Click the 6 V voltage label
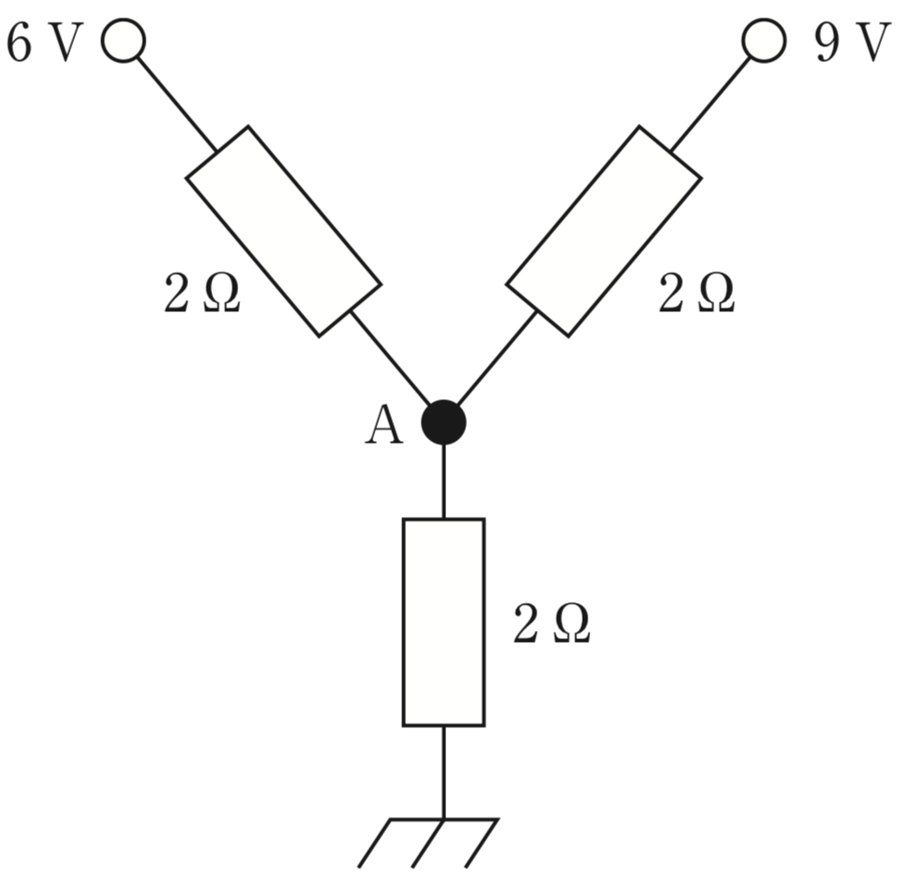pos(44,43)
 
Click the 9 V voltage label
pos(849,43)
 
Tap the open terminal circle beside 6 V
pos(123,40)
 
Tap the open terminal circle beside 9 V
pos(764,40)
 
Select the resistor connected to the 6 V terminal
pos(283,231)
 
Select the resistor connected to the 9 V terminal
pos(604,231)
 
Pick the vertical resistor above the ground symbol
pos(444,622)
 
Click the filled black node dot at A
pos(444,422)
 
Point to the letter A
pos(384,424)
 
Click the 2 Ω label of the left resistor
pos(202,293)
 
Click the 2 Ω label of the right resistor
pos(697,293)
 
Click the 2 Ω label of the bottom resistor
pos(551,623)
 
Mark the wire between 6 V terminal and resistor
pos(177,105)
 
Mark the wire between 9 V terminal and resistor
pos(711,105)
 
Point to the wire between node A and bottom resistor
pos(444,482)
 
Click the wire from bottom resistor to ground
pos(444,773)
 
